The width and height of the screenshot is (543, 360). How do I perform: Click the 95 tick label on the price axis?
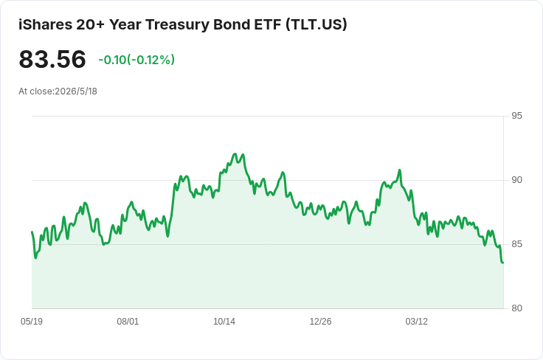coord(516,116)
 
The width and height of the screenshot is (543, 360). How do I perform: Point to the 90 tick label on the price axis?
coord(516,180)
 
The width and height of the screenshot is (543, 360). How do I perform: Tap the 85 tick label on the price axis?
coord(516,244)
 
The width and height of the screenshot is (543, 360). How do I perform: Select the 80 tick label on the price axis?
coord(516,308)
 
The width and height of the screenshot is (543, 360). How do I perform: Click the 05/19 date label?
coord(32,322)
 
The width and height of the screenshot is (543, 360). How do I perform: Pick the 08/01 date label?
coord(128,322)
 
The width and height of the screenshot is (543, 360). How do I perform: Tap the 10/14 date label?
coord(224,322)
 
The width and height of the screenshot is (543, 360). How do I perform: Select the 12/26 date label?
coord(320,322)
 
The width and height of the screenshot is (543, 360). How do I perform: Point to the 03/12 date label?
coord(417,322)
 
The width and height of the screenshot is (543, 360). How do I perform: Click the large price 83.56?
coord(52,59)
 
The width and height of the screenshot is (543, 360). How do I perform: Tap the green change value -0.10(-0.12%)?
coord(136,60)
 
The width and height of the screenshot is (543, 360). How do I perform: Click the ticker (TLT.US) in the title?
coord(317,24)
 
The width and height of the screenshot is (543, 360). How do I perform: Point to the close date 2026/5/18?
coord(76,91)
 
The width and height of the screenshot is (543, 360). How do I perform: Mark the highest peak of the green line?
coord(235,153)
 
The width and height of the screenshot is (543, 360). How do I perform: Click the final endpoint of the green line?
coord(503,263)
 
